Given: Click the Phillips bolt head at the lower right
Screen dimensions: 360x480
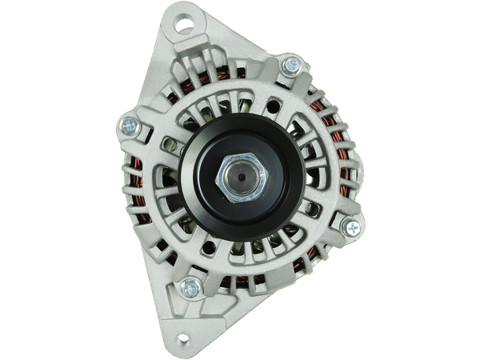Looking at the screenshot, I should tap(351, 227).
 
